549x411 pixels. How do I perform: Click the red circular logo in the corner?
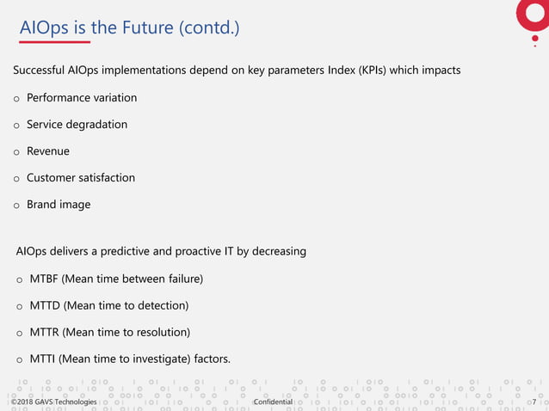533,12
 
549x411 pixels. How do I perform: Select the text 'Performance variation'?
82,98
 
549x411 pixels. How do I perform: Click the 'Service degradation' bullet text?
77,125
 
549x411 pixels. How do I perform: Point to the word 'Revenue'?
48,151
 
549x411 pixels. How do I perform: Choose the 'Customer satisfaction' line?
81,178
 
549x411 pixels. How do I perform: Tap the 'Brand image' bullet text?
59,205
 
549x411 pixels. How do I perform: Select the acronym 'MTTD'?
46,305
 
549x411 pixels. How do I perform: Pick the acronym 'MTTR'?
46,332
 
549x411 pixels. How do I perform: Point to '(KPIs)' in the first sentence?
367,70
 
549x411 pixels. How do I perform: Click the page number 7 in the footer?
534,402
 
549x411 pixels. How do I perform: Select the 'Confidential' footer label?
274,402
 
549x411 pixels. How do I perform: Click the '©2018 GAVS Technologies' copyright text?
54,402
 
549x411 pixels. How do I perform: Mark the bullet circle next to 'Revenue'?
16,152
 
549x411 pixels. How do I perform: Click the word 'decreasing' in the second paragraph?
277,252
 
